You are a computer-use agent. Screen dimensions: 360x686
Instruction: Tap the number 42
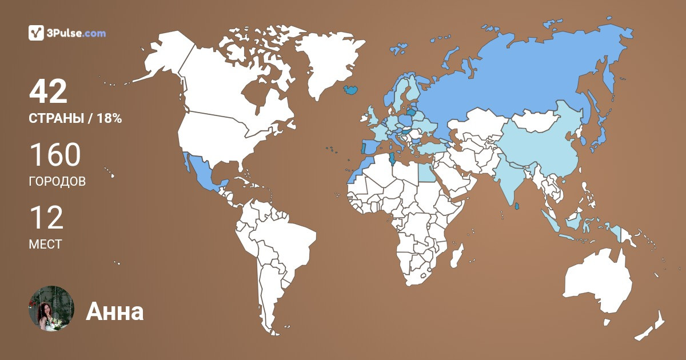point(48,92)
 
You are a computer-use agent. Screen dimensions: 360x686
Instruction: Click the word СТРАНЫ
point(56,119)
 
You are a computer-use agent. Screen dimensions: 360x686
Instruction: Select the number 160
point(54,155)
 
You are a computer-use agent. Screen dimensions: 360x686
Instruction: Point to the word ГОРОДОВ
point(57,182)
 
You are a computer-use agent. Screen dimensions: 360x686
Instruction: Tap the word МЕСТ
point(45,245)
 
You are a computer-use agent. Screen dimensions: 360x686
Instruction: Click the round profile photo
point(51,309)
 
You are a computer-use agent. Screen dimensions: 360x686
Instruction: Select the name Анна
point(114,311)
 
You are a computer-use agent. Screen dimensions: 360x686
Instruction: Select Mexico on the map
point(203,171)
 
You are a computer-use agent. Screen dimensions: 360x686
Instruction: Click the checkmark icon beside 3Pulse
point(37,33)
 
